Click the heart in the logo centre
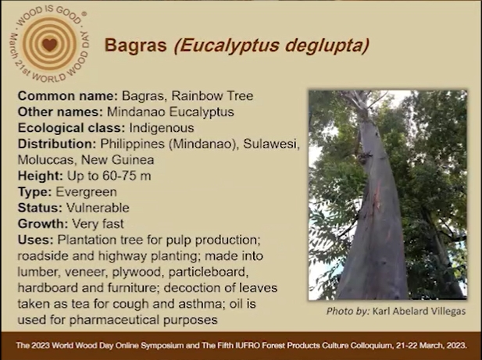click(49, 45)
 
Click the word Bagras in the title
click(136, 45)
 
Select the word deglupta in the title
click(327, 46)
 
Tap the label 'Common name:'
click(68, 96)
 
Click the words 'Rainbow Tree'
click(212, 96)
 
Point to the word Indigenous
click(162, 128)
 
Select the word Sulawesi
click(271, 144)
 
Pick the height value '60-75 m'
click(127, 176)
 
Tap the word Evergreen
click(86, 192)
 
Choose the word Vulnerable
click(98, 208)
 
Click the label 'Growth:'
click(43, 223)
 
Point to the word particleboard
click(209, 273)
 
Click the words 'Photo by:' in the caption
click(348, 312)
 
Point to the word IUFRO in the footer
click(245, 346)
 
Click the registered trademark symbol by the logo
click(84, 13)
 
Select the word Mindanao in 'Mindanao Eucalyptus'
click(136, 112)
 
